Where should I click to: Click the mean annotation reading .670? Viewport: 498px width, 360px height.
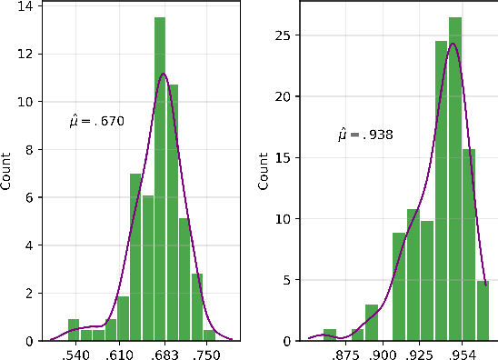(x=96, y=120)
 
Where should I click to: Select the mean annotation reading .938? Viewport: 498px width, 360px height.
(x=366, y=135)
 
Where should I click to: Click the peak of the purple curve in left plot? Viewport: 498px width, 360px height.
(x=163, y=74)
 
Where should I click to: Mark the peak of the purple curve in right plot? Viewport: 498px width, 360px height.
(x=453, y=43)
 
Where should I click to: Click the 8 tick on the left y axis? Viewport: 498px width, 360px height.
(x=32, y=150)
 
